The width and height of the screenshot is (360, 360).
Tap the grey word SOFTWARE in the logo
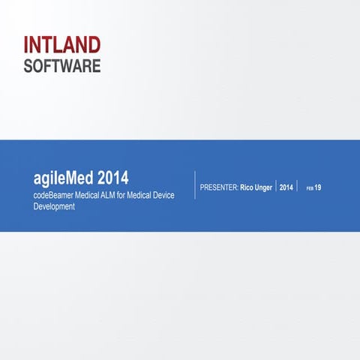(61, 66)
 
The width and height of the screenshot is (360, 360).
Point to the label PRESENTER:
(219, 187)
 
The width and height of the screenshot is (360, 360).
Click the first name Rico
(247, 187)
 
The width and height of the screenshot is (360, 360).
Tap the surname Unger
(265, 187)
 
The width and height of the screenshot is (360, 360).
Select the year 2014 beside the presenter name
(286, 187)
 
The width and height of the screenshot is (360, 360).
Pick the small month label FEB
(307, 187)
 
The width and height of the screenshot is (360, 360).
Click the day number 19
(318, 187)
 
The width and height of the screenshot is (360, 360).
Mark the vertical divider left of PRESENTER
(195, 185)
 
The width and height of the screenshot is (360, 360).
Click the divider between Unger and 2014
(276, 186)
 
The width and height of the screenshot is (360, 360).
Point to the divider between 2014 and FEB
(297, 186)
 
